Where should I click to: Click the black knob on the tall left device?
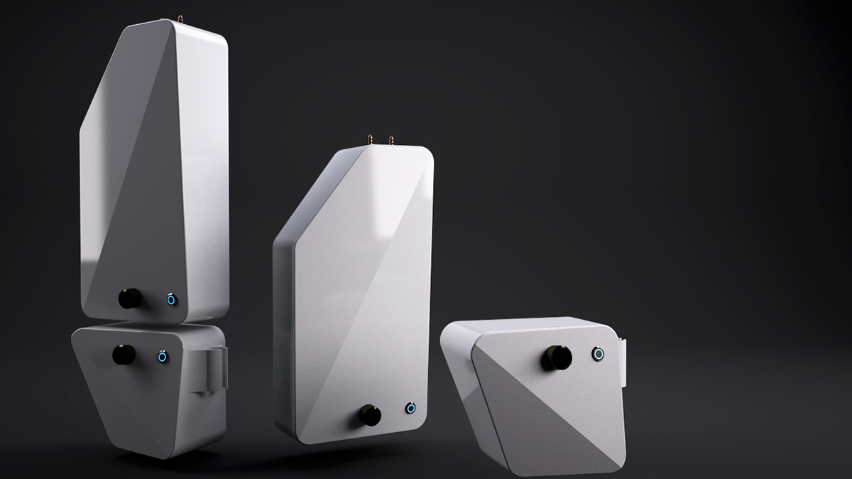[130, 298]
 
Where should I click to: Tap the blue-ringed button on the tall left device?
[171, 299]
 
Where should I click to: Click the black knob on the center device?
[370, 414]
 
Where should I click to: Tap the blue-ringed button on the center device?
[410, 408]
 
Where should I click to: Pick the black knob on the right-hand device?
[554, 357]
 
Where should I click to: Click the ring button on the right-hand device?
[599, 353]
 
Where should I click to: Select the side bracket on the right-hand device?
[623, 359]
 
